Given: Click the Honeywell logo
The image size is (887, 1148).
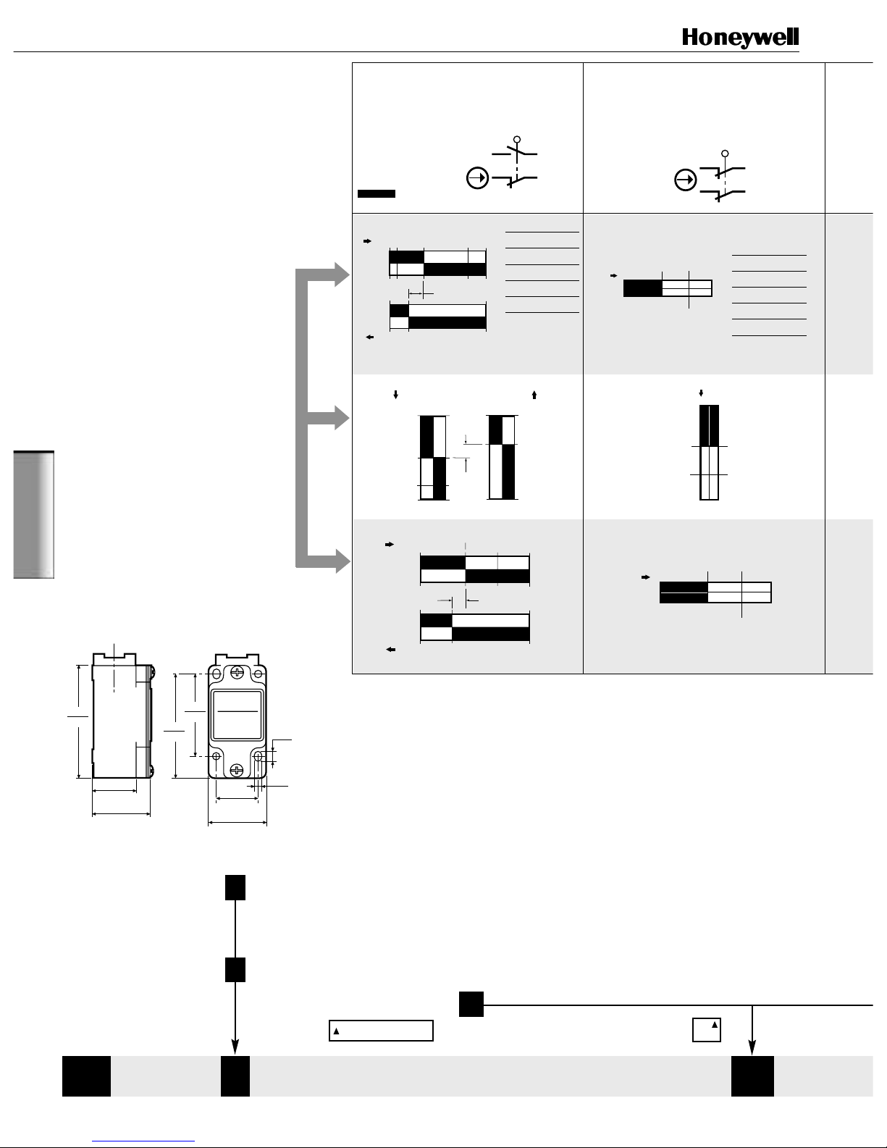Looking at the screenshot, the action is tap(740, 38).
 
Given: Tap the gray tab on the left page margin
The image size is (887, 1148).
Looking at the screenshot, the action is tap(34, 514).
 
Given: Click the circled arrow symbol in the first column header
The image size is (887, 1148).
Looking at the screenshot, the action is tap(477, 178).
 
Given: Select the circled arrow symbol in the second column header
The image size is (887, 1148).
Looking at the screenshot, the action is tap(685, 180).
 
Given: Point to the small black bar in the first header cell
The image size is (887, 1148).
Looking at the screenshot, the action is tap(377, 194).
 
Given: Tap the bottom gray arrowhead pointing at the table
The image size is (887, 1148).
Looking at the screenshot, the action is tap(342, 561).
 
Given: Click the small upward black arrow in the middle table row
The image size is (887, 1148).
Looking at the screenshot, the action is tap(534, 395).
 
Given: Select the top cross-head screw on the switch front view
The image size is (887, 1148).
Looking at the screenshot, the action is tap(237, 673).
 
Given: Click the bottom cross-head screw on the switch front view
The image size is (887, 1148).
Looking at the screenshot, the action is tap(237, 770).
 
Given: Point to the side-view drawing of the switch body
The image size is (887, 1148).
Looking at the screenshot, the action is tap(122, 716).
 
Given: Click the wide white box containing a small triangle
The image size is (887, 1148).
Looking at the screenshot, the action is tap(381, 1031).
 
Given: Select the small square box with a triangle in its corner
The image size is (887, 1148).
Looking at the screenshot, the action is tap(707, 1030).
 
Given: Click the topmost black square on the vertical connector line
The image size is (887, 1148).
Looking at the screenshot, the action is tap(235, 887).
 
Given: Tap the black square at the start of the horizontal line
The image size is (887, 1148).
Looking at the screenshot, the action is tap(471, 1005).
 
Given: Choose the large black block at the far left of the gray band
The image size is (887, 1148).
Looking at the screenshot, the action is tap(87, 1076).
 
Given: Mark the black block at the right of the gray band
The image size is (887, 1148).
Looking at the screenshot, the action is tap(752, 1076).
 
